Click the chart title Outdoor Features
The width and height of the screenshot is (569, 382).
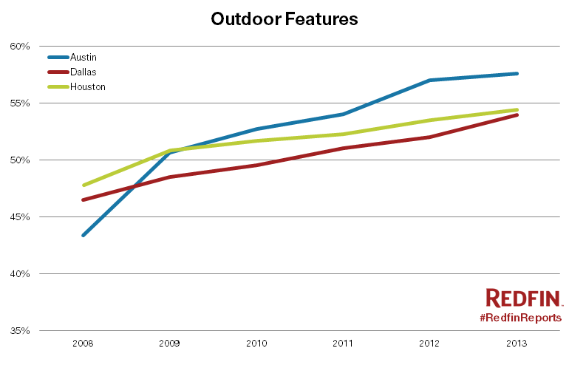pos(284,19)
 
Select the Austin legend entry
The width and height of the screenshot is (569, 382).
pos(83,57)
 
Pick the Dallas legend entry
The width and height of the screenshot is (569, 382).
pos(83,72)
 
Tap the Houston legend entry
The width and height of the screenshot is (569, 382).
pos(87,86)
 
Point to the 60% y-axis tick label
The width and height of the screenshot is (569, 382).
pos(20,46)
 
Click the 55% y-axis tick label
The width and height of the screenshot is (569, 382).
pos(20,103)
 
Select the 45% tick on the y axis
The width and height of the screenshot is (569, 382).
pos(20,217)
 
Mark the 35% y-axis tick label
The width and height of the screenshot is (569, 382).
pos(20,331)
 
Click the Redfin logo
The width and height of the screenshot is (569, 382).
pos(524,298)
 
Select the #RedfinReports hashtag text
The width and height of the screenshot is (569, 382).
pos(520,317)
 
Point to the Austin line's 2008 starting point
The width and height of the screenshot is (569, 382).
pos(84,235)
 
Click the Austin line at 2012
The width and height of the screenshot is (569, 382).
pos(430,80)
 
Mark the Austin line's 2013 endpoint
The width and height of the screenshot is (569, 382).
pos(517,73)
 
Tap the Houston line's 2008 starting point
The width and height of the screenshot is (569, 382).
pos(84,185)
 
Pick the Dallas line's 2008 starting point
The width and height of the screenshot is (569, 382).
pos(84,199)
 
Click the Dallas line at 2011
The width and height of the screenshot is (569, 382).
pos(344,148)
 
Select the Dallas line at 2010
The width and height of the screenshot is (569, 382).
pos(256,165)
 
